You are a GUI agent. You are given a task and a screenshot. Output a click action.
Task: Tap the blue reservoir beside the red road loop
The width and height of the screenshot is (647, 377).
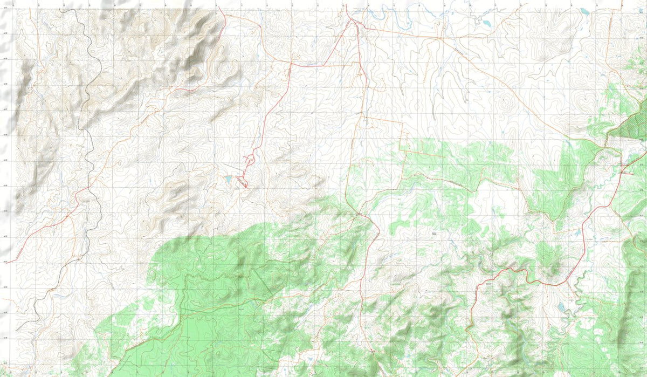[229, 179]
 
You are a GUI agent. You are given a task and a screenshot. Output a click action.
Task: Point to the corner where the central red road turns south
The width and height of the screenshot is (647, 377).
[292, 63]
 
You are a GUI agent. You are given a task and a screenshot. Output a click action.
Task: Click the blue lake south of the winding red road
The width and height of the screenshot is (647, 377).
[561, 307]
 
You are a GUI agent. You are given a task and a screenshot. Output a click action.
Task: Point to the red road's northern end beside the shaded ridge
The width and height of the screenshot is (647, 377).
[223, 13]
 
